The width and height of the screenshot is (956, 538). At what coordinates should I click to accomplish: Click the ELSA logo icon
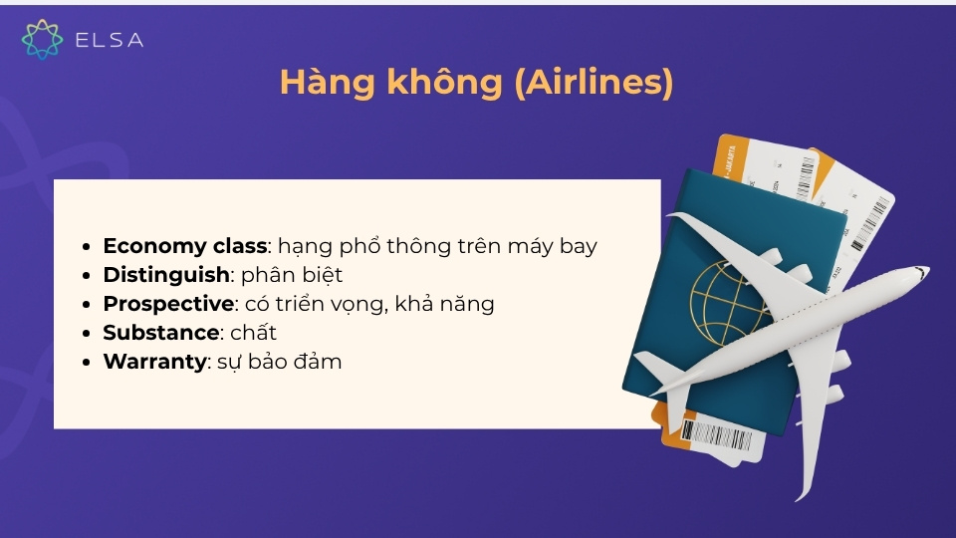[42, 39]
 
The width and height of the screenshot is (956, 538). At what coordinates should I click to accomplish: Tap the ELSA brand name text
[110, 40]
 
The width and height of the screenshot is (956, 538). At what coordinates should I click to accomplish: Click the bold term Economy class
[184, 245]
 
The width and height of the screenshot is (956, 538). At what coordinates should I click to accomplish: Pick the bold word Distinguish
[166, 274]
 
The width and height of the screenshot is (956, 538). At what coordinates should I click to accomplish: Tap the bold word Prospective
[167, 303]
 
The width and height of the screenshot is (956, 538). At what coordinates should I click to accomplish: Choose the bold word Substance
[160, 332]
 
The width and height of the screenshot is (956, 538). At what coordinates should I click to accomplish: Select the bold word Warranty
[154, 361]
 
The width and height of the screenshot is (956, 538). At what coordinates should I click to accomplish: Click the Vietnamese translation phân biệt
[293, 274]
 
